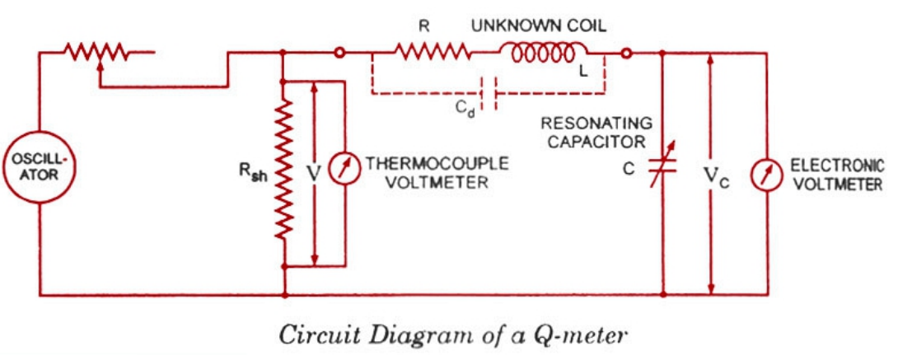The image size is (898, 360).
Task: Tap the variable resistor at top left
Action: click(x=98, y=54)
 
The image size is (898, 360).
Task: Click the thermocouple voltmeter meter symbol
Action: click(x=343, y=171)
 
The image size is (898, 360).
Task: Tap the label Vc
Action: click(x=715, y=176)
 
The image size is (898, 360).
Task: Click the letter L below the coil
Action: click(x=583, y=72)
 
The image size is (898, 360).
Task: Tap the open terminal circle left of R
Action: click(x=339, y=54)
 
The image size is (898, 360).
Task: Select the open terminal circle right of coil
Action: click(x=627, y=54)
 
